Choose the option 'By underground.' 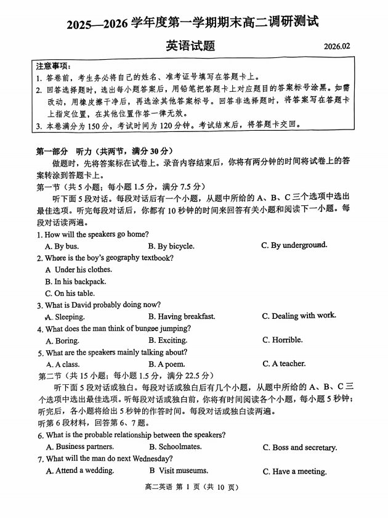pos(294,245)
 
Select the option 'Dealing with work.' pos(299,316)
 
